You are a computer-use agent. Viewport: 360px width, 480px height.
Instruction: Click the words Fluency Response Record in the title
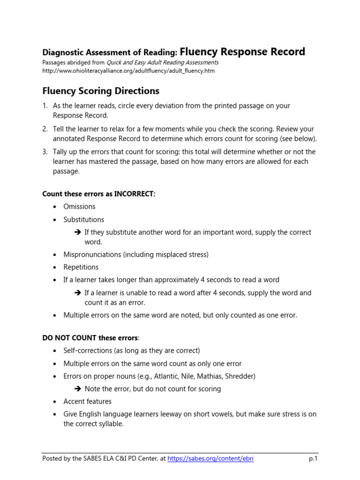pos(242,52)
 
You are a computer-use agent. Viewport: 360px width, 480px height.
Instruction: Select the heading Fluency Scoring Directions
pos(101,90)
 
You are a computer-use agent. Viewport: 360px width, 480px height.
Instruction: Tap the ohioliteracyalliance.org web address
pos(128,71)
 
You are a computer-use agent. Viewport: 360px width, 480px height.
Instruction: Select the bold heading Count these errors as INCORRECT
pos(98,194)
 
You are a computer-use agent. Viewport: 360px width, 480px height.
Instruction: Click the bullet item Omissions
pos(79,206)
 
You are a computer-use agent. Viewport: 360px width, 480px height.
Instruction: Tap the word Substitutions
pos(84,219)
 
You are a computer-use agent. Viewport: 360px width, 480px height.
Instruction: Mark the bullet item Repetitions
pos(81,267)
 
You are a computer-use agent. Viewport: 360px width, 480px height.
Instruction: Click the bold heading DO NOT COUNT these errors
pos(90,337)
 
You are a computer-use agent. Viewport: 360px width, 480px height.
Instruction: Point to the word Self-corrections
pos(87,351)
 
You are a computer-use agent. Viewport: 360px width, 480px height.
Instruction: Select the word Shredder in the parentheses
pos(239,376)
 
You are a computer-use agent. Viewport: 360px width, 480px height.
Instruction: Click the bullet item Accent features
pos(88,401)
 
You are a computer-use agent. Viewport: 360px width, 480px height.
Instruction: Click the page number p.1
pos(313,458)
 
